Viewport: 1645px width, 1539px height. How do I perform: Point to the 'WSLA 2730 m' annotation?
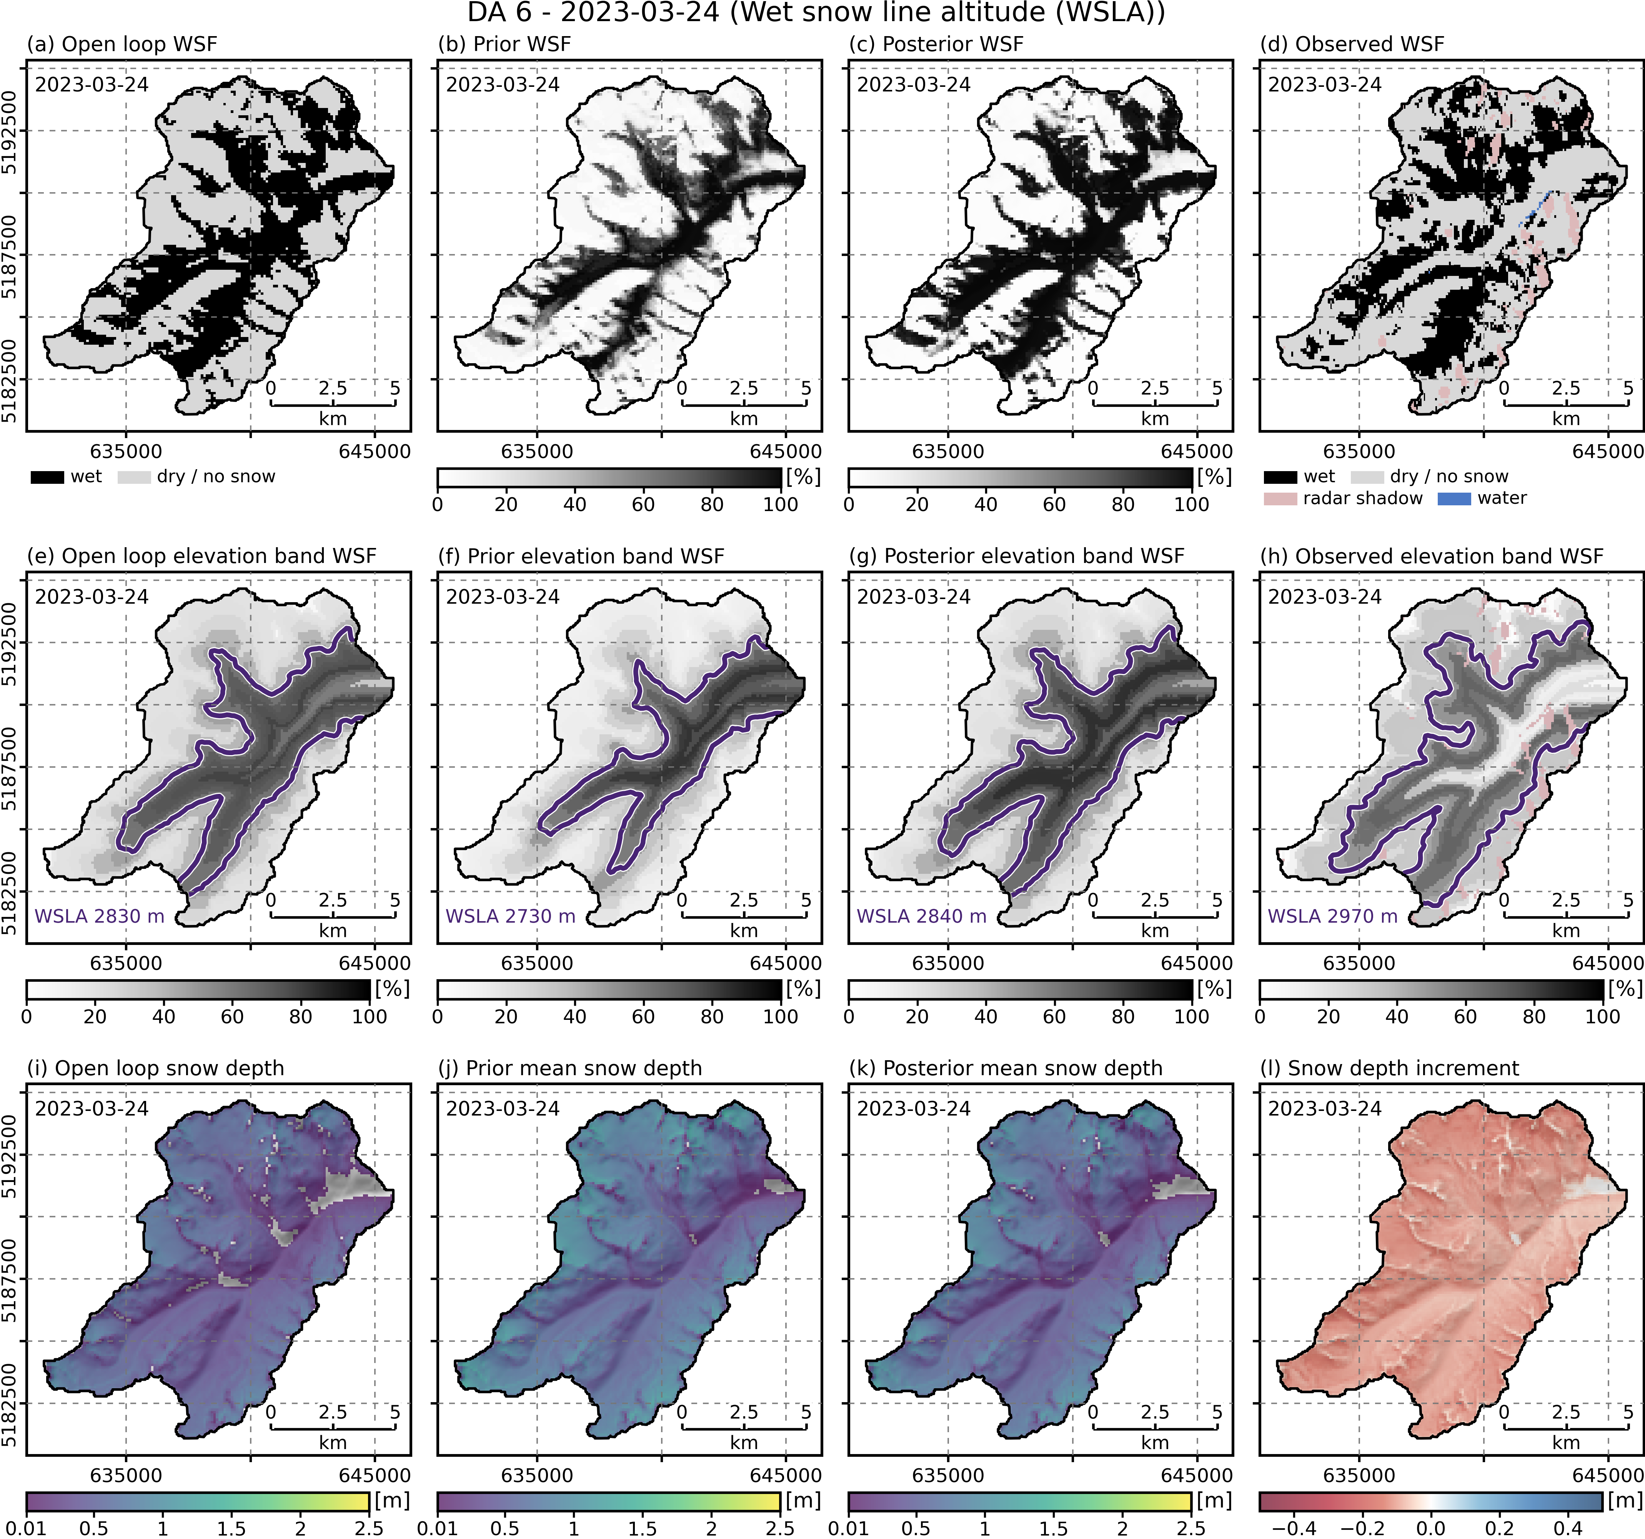pyautogui.click(x=511, y=916)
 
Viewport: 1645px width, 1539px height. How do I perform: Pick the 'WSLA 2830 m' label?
pyautogui.click(x=99, y=916)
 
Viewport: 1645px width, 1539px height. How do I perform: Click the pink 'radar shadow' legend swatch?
pyautogui.click(x=1280, y=499)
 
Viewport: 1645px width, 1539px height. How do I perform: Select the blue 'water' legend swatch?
pyautogui.click(x=1454, y=499)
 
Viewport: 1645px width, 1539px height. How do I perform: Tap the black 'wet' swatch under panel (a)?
pyautogui.click(x=47, y=477)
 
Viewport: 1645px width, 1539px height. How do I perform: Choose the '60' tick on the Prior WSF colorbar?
pyautogui.click(x=643, y=505)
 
